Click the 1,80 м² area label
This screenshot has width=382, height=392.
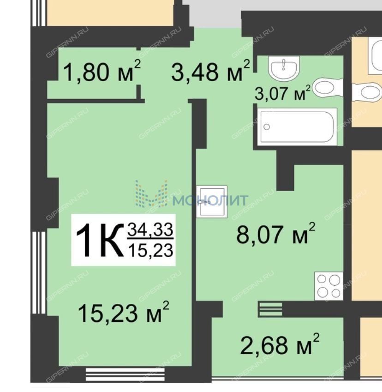click(x=102, y=71)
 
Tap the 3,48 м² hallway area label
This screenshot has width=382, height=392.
click(x=210, y=71)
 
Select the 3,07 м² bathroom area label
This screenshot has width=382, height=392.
click(x=282, y=93)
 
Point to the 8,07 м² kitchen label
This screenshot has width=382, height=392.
click(x=276, y=234)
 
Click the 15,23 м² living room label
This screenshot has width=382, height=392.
click(x=124, y=312)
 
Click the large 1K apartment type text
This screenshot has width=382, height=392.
click(x=100, y=240)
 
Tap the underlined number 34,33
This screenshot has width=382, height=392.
click(x=150, y=229)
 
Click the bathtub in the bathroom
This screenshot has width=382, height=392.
click(x=297, y=127)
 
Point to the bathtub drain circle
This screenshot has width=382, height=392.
click(x=267, y=127)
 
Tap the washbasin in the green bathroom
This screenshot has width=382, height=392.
click(x=284, y=67)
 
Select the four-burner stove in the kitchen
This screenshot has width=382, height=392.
click(x=328, y=286)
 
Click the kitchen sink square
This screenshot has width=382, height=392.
click(x=212, y=201)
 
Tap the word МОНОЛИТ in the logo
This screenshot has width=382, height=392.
click(x=210, y=200)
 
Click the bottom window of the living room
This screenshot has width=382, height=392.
click(x=125, y=374)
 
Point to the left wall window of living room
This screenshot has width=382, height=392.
click(x=39, y=272)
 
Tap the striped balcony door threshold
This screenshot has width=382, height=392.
click(x=270, y=309)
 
